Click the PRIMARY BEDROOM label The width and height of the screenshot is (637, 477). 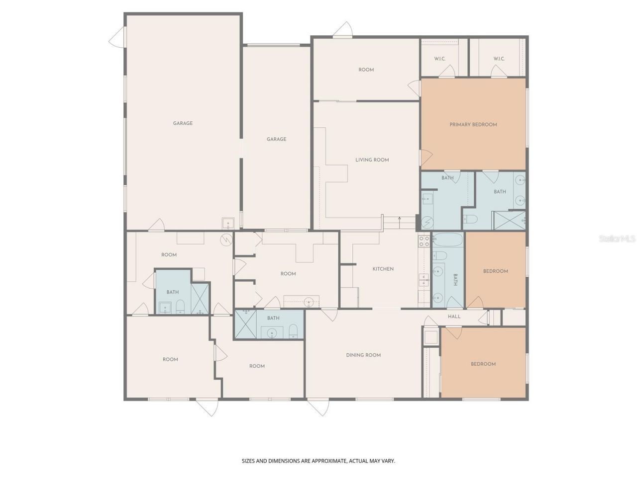[473, 125]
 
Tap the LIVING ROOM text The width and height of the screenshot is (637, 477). [372, 160]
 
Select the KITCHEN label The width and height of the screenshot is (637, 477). [383, 269]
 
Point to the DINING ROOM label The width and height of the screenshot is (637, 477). [363, 355]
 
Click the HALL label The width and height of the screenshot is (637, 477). [454, 317]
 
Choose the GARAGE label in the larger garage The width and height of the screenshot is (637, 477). [183, 123]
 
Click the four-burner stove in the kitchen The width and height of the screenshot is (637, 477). [424, 241]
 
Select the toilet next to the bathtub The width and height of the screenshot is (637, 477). [440, 256]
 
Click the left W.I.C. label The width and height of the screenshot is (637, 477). [439, 59]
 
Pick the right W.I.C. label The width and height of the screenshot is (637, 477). [499, 59]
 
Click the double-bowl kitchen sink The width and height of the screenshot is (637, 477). [424, 281]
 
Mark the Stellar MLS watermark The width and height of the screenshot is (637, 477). [617, 239]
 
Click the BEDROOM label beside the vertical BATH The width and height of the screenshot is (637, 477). [495, 271]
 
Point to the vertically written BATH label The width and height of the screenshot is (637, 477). [454, 279]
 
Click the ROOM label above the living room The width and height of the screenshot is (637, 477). [366, 70]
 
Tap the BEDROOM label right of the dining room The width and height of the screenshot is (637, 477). [483, 364]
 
